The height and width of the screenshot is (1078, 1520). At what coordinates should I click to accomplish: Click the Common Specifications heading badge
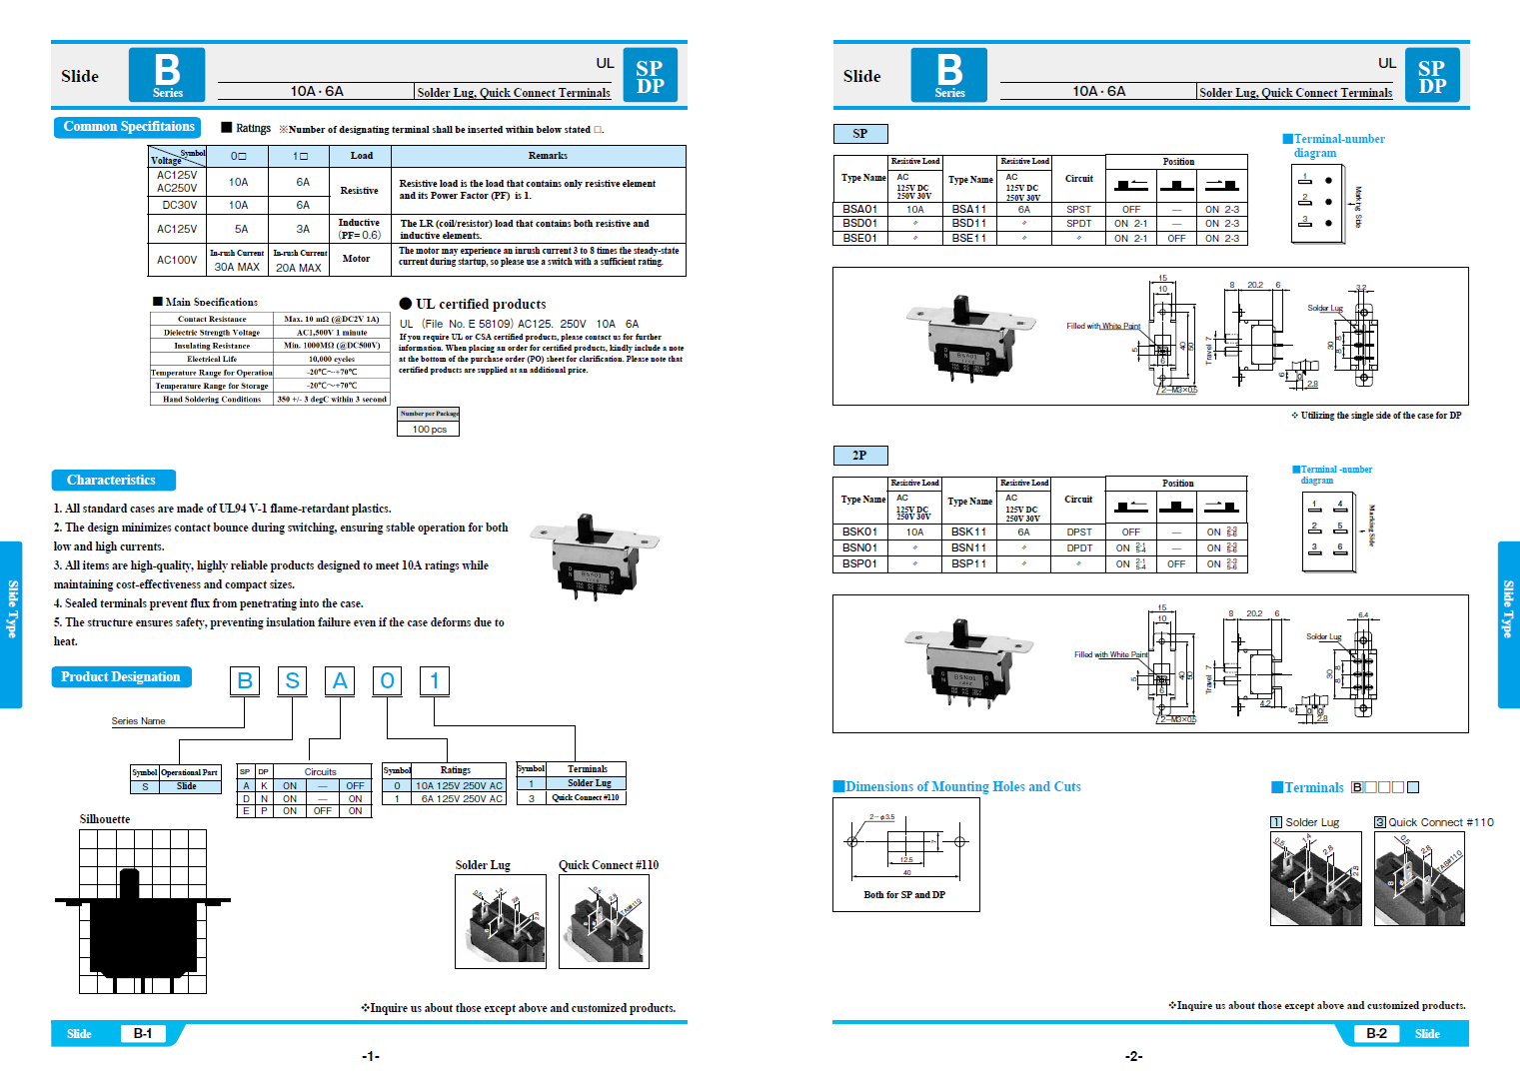127,127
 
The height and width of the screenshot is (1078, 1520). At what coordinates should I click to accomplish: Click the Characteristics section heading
113,481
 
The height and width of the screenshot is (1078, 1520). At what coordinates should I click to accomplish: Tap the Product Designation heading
121,677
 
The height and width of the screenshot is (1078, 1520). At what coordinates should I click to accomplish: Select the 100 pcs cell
429,430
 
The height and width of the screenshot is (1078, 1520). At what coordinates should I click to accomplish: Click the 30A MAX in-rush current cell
237,267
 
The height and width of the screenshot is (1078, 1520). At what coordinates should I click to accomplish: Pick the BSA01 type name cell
859,210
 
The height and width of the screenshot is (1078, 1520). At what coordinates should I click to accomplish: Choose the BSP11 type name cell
968,564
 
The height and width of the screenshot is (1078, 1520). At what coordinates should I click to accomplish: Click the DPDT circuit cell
1079,548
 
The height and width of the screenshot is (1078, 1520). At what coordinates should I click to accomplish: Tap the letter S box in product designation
292,681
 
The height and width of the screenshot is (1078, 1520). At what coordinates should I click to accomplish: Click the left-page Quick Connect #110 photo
604,921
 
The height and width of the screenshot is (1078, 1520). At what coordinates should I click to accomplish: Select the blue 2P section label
859,456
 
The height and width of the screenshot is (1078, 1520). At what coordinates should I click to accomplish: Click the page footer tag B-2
1376,1034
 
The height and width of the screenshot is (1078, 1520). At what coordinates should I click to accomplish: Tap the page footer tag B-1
143,1034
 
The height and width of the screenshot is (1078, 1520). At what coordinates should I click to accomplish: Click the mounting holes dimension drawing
905,854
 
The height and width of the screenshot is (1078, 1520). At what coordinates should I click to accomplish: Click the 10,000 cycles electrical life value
331,359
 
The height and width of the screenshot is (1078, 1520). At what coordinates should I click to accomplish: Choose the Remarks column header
547,156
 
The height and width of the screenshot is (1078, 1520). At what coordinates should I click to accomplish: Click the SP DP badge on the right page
1431,77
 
